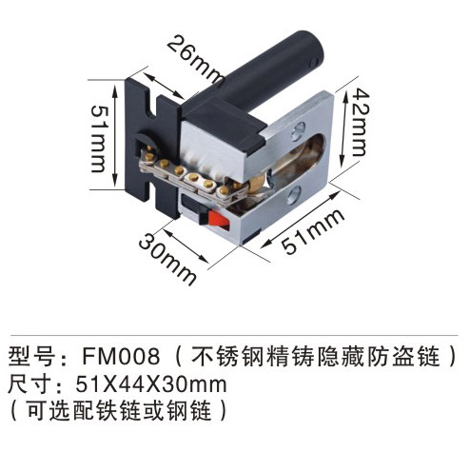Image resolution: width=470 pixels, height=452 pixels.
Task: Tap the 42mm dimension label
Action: (361, 123)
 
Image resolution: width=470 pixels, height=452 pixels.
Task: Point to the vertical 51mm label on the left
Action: (99, 139)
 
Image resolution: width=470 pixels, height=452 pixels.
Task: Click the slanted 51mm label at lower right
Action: (313, 230)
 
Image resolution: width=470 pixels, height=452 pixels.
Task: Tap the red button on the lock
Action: (219, 219)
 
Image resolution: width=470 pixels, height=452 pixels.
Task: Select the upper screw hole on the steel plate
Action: (298, 130)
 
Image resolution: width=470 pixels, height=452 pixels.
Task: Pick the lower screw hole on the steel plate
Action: (294, 195)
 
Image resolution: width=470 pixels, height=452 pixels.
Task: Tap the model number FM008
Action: (121, 356)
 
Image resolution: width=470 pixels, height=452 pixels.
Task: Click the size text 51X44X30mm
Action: (151, 384)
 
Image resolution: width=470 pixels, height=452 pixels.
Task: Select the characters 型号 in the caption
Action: (29, 356)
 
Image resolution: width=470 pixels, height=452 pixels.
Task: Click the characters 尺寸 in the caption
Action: (29, 384)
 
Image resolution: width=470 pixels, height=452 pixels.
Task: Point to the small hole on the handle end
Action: (314, 63)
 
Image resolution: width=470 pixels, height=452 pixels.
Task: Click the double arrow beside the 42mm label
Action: (344, 128)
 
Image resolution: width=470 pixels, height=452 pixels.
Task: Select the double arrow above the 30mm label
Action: (186, 246)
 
